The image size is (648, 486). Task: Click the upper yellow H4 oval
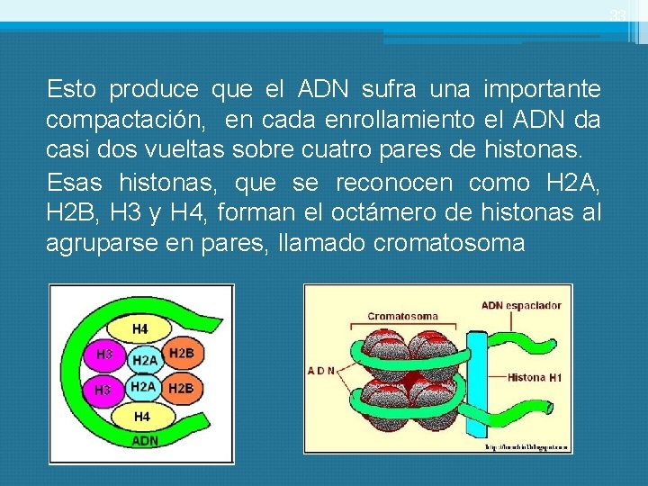point(140,329)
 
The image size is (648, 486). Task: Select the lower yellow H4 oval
point(142,417)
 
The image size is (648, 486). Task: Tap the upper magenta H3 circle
point(104,355)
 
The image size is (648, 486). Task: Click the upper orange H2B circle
point(181,354)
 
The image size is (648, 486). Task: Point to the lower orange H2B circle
point(180,388)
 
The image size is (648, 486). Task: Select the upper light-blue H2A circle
point(144,360)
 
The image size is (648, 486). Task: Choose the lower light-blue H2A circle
point(142,386)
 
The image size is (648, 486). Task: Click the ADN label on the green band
point(146,441)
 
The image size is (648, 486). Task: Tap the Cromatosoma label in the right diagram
point(402,316)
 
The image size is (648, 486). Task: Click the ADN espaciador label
point(521,305)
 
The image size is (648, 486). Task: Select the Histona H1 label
point(535,378)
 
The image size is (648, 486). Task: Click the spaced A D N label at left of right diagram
point(322,370)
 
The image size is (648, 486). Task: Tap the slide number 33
point(616,15)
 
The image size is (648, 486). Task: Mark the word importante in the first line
point(542,89)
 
